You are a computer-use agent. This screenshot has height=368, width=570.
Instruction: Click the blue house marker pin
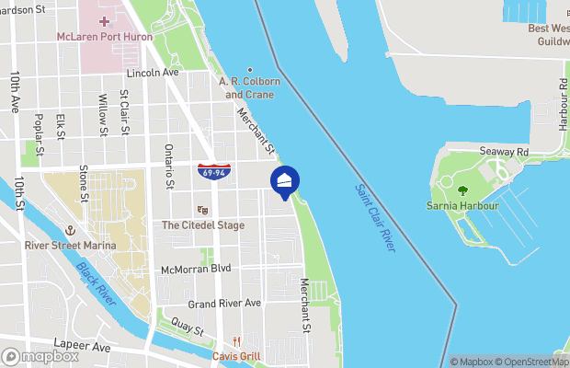pos(285,181)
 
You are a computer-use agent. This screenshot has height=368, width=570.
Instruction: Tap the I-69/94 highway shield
pos(212,171)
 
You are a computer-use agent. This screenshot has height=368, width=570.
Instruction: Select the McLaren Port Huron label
pos(102,36)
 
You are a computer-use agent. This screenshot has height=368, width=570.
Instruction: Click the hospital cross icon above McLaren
pos(103,20)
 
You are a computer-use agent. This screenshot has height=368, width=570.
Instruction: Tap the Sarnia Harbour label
pos(462,206)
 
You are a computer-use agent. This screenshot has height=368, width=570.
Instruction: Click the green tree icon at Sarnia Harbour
pos(462,190)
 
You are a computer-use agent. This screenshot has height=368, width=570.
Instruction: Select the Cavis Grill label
pos(237,356)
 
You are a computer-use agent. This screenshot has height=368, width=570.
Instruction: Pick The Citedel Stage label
pos(203,224)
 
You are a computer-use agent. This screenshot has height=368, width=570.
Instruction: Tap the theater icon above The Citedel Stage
pos(202,210)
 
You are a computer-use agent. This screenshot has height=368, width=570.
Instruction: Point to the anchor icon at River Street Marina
pos(67,231)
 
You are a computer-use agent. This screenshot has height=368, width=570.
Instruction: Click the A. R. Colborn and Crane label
pos(248,87)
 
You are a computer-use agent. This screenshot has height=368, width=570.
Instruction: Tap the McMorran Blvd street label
pos(195,270)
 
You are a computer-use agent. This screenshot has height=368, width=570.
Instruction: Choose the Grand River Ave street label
pos(224,304)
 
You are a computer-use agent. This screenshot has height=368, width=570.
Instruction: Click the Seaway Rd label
pos(504,151)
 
